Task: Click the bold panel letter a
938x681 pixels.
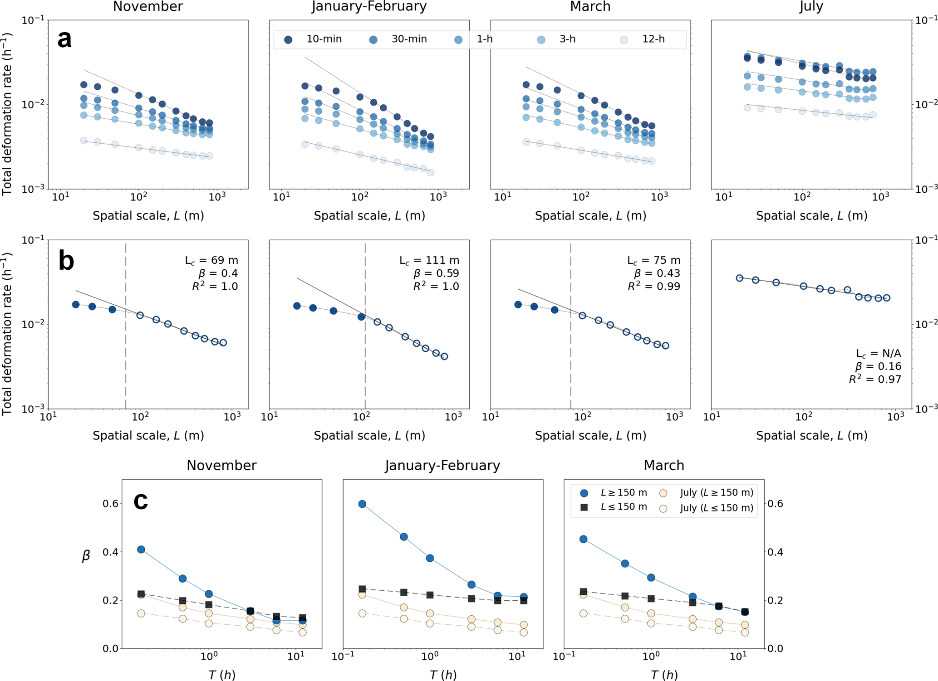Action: pos(64,39)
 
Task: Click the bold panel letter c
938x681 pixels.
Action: pos(141,501)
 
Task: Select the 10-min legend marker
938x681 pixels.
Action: pos(288,40)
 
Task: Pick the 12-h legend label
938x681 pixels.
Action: pos(653,39)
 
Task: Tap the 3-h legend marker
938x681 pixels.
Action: pos(541,40)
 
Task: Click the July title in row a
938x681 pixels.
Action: pos(811,7)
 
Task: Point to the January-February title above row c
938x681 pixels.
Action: pos(442,466)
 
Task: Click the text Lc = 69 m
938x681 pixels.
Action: pos(211,261)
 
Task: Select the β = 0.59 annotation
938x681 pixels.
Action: pos(437,273)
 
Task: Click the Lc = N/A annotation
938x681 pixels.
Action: pos(879,354)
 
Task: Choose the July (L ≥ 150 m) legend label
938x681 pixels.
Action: pos(717,493)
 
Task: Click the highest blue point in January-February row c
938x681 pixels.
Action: pos(362,504)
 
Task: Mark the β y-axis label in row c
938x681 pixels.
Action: pos(86,556)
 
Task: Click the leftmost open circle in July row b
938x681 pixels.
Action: pos(740,278)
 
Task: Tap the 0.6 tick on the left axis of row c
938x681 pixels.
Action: pos(110,504)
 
